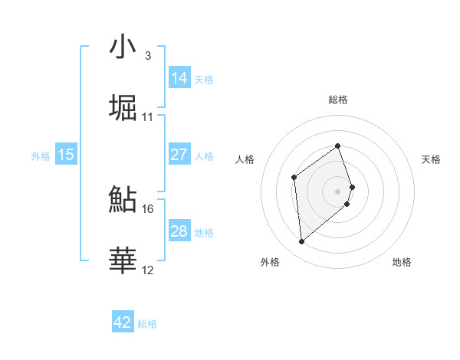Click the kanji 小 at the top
tap(123, 48)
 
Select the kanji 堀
tap(123, 108)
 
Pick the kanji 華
tap(123, 260)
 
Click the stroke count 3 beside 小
tap(147, 56)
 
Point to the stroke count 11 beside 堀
tap(147, 117)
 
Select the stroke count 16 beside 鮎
tap(147, 208)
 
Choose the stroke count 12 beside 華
tap(147, 270)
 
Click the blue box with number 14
tap(179, 78)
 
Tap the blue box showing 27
tap(179, 155)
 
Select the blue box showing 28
tap(179, 231)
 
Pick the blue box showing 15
tap(66, 155)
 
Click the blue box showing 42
tap(123, 322)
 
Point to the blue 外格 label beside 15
tap(41, 156)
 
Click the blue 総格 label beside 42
tap(147, 324)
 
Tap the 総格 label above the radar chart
tap(338, 100)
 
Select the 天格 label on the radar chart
tap(431, 159)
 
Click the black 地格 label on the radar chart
tap(402, 262)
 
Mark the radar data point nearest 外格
tap(301, 242)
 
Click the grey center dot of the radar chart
tap(338, 191)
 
